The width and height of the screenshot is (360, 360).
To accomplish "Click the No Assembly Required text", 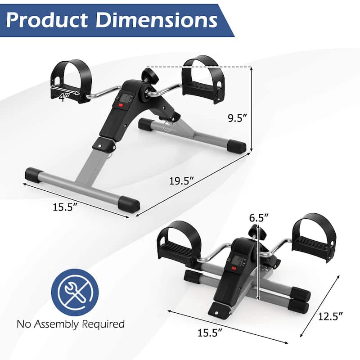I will (71, 324).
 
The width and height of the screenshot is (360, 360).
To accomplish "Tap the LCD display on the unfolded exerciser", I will (126, 98).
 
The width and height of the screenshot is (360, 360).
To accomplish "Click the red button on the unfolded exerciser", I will (121, 106).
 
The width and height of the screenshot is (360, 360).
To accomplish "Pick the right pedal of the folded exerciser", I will (312, 234).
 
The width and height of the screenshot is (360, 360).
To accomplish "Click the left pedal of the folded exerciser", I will (176, 241).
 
